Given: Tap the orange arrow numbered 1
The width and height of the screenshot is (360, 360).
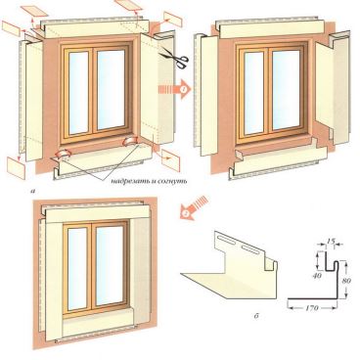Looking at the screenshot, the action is click(175, 89).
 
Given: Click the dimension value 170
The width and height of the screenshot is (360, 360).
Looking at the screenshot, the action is click(312, 308).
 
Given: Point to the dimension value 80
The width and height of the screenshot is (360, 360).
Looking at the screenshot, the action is click(346, 280).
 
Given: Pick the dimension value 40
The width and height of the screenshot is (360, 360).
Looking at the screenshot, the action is click(316, 276).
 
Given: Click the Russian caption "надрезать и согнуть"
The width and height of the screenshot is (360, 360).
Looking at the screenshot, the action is click(149, 181).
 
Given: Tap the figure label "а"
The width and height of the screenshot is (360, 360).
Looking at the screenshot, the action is click(32, 191).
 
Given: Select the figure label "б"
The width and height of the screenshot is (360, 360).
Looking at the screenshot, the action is click(256, 315).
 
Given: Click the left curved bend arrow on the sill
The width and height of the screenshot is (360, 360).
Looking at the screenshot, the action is click(64, 154).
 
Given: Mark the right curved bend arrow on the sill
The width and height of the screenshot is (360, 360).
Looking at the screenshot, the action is click(129, 142).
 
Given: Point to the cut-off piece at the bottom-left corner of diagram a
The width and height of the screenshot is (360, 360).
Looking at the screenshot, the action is click(17, 167).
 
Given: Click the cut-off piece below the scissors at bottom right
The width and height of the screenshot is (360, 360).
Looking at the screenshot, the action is click(170, 159).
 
